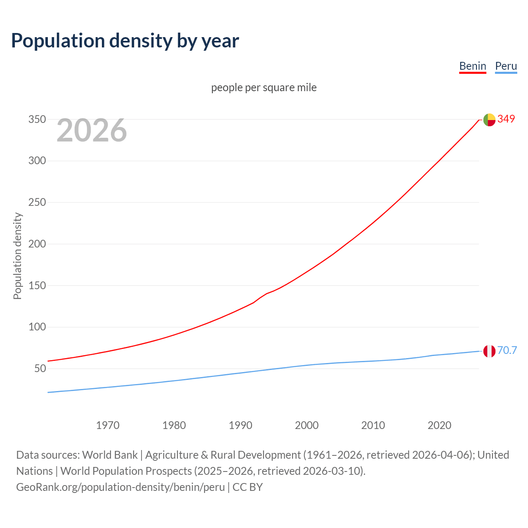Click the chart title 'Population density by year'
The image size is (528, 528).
[125, 41]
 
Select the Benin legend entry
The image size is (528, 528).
[472, 66]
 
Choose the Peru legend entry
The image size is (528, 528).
[506, 66]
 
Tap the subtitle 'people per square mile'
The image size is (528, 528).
[264, 87]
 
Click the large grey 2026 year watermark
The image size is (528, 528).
[92, 130]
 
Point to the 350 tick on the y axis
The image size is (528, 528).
[37, 119]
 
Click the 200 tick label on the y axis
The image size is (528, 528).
[37, 244]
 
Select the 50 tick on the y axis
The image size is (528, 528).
[40, 368]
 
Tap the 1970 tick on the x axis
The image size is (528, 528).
[108, 425]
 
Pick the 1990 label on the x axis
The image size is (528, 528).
[240, 425]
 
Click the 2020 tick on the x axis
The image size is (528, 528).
[439, 425]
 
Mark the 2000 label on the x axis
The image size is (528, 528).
[306, 425]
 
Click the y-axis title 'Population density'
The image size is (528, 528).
[17, 256]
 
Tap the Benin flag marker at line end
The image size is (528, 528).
[489, 120]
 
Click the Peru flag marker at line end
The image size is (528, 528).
[489, 351]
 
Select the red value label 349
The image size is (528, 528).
[506, 119]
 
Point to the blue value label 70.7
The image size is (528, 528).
[507, 350]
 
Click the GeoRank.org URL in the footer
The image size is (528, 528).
[120, 487]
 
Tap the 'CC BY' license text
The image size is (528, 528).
[247, 487]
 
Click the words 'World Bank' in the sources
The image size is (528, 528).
[110, 455]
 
